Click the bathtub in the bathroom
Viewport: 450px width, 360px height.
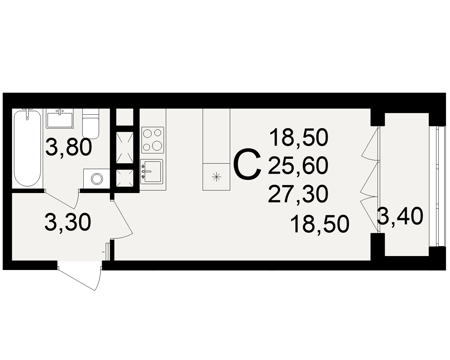tap(27, 148)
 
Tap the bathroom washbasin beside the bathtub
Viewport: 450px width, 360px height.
tap(60, 118)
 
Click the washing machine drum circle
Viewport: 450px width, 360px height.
tap(97, 179)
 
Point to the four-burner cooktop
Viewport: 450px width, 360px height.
tap(153, 140)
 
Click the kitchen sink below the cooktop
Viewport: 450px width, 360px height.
tap(152, 171)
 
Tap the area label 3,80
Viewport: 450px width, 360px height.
tap(68, 147)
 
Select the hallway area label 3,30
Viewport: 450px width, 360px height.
tap(68, 222)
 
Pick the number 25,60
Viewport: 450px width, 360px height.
tap(298, 166)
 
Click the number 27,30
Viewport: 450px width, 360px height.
tap(298, 194)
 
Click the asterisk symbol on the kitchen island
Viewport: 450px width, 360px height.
tap(216, 176)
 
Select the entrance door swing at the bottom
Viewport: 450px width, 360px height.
tap(80, 275)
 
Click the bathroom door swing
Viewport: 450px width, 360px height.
tap(62, 198)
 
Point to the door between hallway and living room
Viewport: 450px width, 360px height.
tap(121, 219)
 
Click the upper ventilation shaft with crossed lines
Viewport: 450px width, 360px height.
tap(124, 148)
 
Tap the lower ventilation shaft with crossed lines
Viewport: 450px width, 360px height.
tap(124, 178)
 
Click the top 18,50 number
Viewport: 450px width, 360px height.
tap(298, 138)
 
